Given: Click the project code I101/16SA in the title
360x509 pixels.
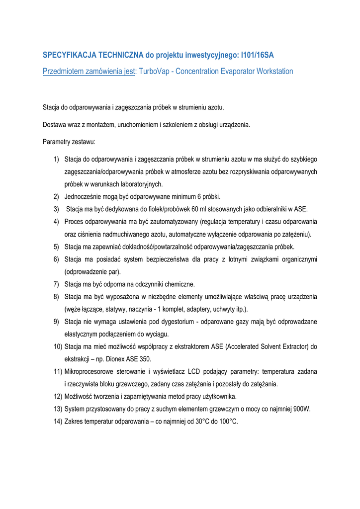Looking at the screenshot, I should [x=257, y=55].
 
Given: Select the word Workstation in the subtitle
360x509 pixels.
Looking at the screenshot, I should [x=274, y=72].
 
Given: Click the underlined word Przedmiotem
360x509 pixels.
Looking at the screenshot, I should [x=63, y=72].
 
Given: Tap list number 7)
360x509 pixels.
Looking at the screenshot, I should [x=57, y=284].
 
